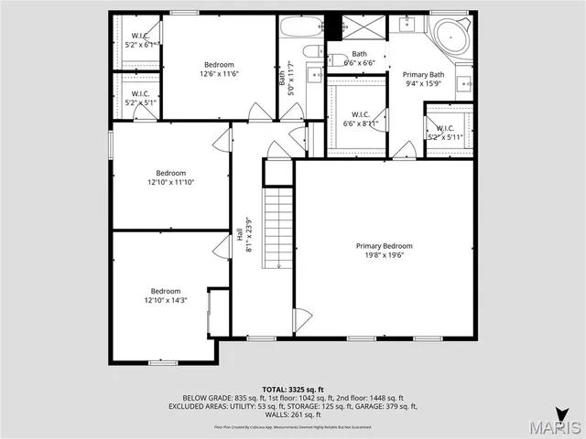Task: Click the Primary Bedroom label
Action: (384, 245)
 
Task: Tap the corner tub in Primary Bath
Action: (452, 37)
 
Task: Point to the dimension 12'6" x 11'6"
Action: (219, 73)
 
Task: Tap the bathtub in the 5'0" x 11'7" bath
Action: (300, 26)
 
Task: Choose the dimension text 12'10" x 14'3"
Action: (166, 300)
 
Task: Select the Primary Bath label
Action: (423, 74)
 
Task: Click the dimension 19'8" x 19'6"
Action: (384, 255)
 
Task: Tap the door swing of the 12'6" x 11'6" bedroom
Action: (259, 112)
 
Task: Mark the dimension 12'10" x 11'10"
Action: (170, 182)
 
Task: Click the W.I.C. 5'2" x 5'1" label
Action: (140, 98)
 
